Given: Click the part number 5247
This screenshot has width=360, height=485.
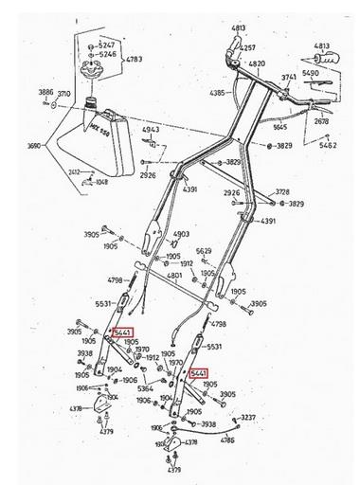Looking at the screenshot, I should pyautogui.click(x=107, y=45).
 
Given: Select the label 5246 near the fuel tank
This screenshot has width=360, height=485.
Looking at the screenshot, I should pyautogui.click(x=107, y=55).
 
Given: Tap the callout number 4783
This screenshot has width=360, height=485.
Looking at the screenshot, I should pyautogui.click(x=134, y=60).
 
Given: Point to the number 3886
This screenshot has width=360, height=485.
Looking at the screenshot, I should pyautogui.click(x=45, y=92).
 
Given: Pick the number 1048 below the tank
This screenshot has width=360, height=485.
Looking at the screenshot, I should pyautogui.click(x=101, y=180).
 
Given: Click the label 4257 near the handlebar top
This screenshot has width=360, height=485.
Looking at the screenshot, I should pyautogui.click(x=248, y=47).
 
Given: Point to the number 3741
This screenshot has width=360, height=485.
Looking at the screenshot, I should pyautogui.click(x=290, y=76).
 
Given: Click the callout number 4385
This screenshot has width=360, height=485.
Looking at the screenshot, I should pyautogui.click(x=217, y=93).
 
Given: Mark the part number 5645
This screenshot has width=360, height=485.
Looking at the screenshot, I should pyautogui.click(x=279, y=126).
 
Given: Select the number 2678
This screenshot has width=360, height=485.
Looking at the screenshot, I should pyautogui.click(x=322, y=121).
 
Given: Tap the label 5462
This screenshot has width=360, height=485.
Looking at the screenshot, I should pyautogui.click(x=328, y=146).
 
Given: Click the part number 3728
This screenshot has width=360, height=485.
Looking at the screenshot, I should pyautogui.click(x=282, y=192).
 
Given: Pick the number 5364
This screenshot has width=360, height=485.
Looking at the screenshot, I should pyautogui.click(x=146, y=388).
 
